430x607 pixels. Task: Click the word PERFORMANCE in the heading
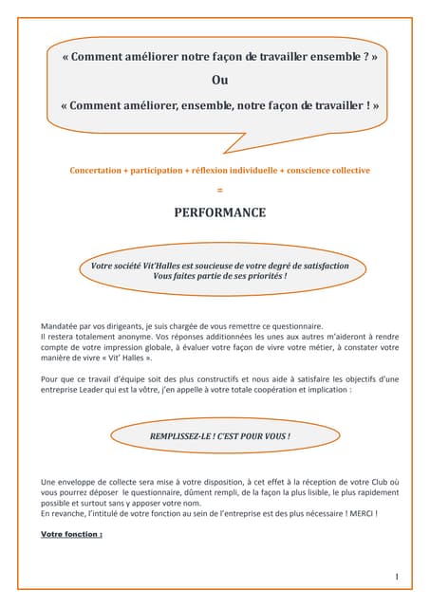(219, 212)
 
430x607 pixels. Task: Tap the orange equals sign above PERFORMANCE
(219, 190)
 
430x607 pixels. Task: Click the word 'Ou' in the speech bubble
(218, 81)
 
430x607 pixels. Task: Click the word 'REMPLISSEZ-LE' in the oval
(182, 436)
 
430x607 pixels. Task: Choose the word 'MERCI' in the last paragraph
(357, 513)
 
